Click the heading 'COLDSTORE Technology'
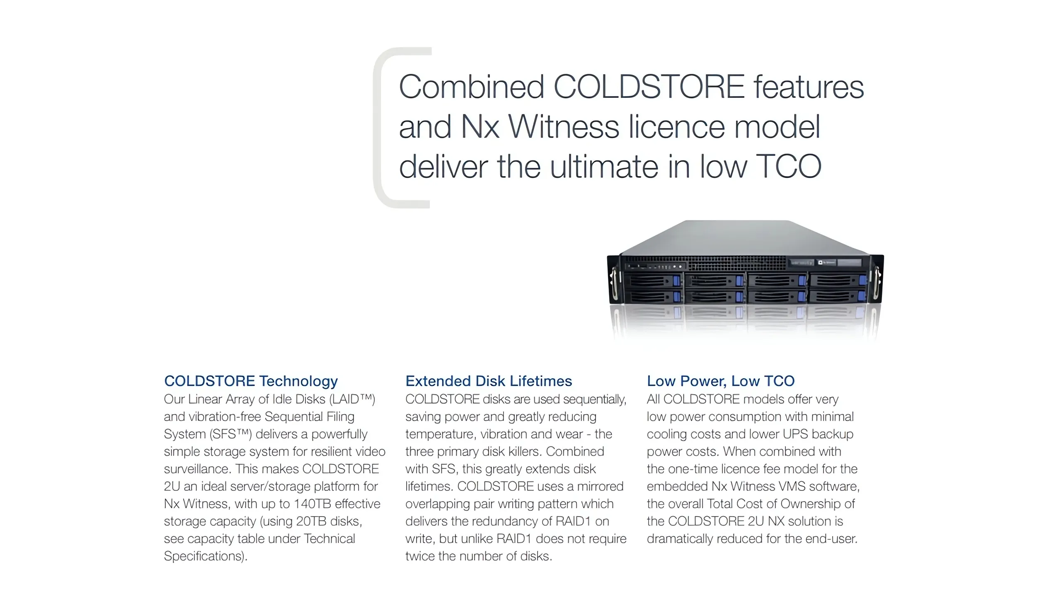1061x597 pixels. coord(251,381)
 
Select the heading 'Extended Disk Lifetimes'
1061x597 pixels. coord(489,381)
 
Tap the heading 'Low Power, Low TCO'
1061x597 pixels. coord(721,381)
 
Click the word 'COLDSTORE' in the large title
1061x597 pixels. coord(649,87)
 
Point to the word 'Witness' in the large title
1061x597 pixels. coord(564,127)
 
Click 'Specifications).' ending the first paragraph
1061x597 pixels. coord(206,556)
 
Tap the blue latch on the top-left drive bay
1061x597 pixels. coord(677,281)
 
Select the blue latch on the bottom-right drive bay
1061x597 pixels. coord(862,296)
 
